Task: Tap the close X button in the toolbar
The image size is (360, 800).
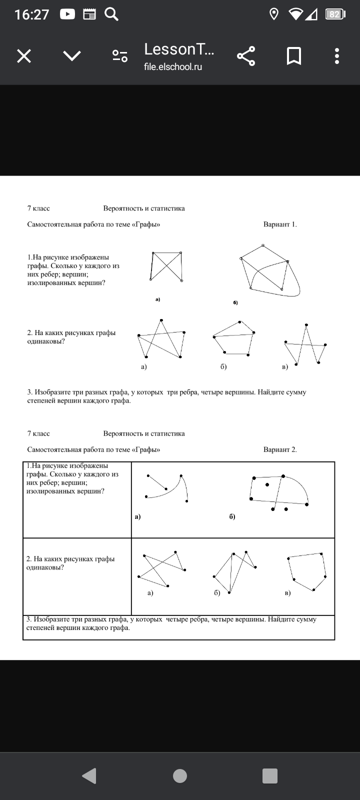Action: (24, 56)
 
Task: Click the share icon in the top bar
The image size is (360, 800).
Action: (245, 56)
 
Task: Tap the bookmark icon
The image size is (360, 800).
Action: (293, 56)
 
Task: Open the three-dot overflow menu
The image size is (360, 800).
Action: (337, 56)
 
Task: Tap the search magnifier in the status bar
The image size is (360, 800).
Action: (111, 14)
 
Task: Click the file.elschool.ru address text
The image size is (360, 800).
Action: (173, 67)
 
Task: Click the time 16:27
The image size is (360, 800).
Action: (32, 14)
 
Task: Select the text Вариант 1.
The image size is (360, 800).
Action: (280, 224)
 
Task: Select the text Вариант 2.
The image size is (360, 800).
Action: (280, 449)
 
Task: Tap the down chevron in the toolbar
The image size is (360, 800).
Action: (72, 56)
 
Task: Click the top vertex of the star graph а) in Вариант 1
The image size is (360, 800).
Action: (161, 320)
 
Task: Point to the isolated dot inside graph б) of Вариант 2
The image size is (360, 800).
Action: (267, 484)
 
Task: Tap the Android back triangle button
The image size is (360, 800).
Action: (89, 775)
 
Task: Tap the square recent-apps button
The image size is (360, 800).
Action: (270, 775)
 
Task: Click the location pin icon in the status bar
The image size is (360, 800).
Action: (274, 14)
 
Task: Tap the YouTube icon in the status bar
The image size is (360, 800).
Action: (67, 14)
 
